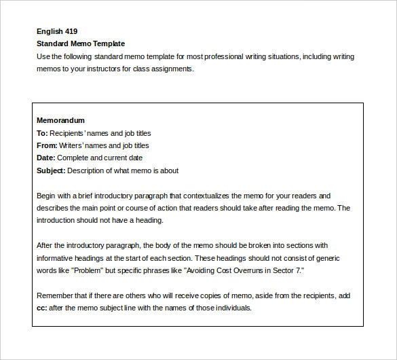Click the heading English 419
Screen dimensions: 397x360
(x=57, y=31)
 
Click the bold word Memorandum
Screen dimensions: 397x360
(x=60, y=121)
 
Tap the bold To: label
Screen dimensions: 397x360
(x=42, y=133)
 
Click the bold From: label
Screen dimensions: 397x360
(x=47, y=145)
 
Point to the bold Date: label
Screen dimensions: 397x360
(x=45, y=158)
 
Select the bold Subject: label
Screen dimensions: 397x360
(x=51, y=170)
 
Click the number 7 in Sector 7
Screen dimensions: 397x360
(x=299, y=270)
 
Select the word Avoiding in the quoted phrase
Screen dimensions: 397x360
(x=193, y=270)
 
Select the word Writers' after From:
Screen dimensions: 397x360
(x=73, y=145)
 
